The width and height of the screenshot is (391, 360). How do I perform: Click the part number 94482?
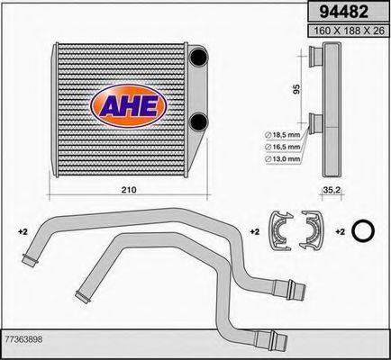coord(343,12)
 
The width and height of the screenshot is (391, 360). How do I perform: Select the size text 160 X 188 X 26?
coord(349,31)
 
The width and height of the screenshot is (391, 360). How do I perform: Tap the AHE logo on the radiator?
coord(129,105)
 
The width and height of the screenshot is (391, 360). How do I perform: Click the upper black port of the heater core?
coord(198,57)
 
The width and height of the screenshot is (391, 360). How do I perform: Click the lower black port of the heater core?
coord(199,121)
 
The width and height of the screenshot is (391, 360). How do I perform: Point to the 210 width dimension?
coord(129,190)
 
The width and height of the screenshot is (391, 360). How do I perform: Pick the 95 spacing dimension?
coord(296,89)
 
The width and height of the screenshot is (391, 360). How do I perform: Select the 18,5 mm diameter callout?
coord(282,135)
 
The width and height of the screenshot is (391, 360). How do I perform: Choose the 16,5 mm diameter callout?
coord(282,147)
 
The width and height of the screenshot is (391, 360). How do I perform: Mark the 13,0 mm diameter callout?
coord(282,159)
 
